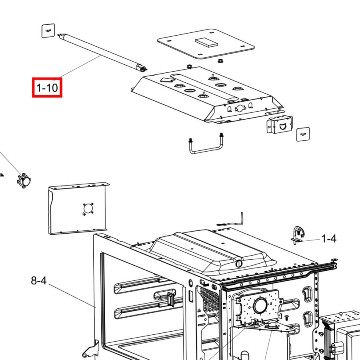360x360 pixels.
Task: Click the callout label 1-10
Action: coord(47,88)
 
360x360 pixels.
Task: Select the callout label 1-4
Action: coord(329,239)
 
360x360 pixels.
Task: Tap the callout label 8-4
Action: coord(39,280)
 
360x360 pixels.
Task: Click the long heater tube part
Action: coord(102,52)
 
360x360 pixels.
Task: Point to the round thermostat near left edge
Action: coord(24,181)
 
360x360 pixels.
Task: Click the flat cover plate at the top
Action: coord(206,44)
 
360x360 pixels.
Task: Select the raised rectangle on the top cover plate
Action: coord(206,42)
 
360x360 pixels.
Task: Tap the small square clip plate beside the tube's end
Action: coord(48,30)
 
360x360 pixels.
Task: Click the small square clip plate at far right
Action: coord(303,134)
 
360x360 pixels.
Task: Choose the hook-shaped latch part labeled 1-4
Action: coord(298,235)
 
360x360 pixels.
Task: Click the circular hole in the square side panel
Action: coord(88,208)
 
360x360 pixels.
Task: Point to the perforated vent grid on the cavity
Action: coord(209,299)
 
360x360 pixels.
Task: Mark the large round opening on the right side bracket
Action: coord(260,305)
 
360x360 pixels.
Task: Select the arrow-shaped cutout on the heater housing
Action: coord(168,80)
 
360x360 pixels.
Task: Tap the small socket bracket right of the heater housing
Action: coord(280,124)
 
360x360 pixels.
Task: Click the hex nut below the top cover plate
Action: coord(220,61)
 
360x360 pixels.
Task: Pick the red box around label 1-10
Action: coord(47,88)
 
